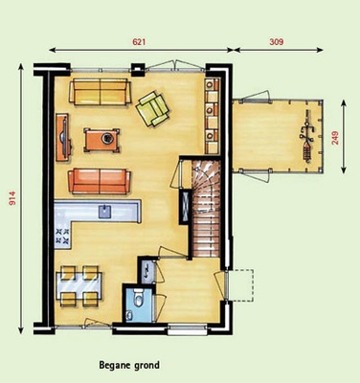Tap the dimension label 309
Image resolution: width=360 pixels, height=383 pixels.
pos(277,42)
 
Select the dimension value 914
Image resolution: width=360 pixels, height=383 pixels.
pos(12,198)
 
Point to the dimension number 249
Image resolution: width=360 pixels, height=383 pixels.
pos(335,138)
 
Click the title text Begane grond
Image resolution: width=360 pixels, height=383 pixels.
pos(129,365)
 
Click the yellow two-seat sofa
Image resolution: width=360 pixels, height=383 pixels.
pos(101,92)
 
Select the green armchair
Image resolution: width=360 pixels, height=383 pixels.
pos(152,108)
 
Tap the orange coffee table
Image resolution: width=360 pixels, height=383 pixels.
pos(101,140)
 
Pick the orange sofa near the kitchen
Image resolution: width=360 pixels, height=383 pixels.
pos(100,181)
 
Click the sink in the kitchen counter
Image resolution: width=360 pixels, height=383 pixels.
pos(105,212)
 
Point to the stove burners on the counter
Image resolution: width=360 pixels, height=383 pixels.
pos(62,236)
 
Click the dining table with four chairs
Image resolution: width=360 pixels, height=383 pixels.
pos(79,286)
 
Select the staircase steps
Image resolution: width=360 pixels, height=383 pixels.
pos(206,209)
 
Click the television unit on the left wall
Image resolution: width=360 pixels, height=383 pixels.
pos(64,137)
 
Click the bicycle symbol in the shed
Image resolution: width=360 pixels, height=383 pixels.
pos(307,136)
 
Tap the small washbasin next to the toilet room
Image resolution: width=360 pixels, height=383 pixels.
pos(147,270)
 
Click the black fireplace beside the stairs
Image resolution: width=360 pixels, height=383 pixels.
pos(185,207)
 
